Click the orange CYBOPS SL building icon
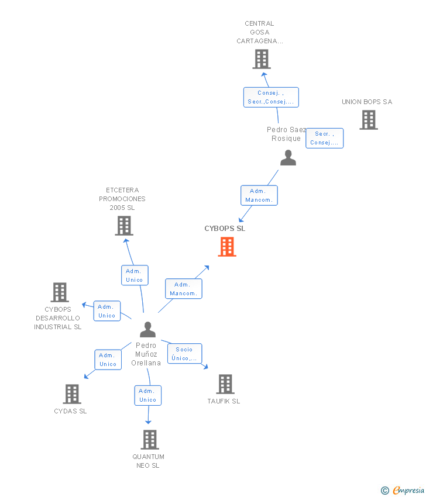227,247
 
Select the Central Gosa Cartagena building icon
261,59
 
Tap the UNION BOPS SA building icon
368,120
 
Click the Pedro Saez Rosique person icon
288,158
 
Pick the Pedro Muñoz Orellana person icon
147,330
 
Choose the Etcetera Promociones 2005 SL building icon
123,226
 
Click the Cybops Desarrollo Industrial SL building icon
60,292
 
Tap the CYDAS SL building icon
71,394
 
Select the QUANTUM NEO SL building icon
150,440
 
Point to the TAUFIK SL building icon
225,384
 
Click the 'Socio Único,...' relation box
184,354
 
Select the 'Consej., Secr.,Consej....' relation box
271,97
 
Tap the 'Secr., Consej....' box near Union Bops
324,138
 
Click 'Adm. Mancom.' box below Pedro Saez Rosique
259,195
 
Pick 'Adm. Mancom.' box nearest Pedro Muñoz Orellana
184,289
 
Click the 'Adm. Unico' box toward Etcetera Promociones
135,275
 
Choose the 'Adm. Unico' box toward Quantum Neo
147,395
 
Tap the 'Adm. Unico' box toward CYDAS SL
108,360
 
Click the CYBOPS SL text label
225,229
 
